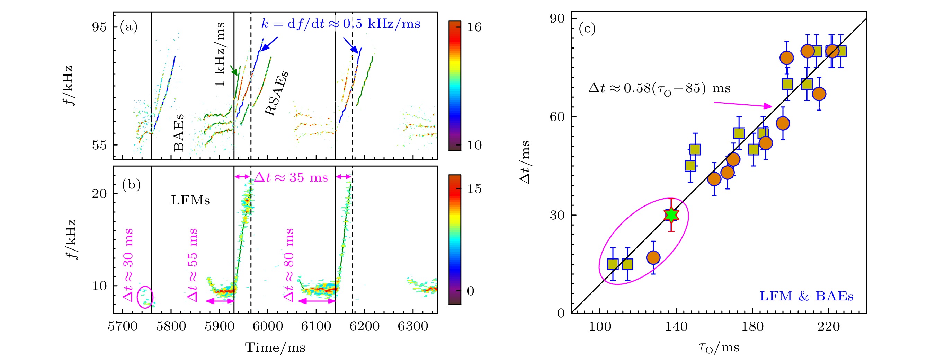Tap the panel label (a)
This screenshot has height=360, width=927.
pyautogui.click(x=128, y=27)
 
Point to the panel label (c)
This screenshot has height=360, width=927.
pyautogui.click(x=587, y=28)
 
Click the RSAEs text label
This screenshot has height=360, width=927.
pyautogui.click(x=277, y=93)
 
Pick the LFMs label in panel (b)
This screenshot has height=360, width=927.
pyautogui.click(x=190, y=200)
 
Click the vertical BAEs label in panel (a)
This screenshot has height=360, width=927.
pyautogui.click(x=178, y=132)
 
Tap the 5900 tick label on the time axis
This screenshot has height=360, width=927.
pyautogui.click(x=220, y=326)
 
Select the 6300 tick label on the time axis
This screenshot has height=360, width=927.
pyautogui.click(x=413, y=326)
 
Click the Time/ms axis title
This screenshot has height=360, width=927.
pyautogui.click(x=275, y=348)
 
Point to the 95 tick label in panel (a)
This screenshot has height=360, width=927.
pyautogui.click(x=99, y=27)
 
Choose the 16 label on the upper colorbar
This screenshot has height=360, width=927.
pyautogui.click(x=474, y=27)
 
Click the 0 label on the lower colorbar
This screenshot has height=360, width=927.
pyautogui.click(x=470, y=291)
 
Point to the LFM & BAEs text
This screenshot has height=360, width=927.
pyautogui.click(x=806, y=296)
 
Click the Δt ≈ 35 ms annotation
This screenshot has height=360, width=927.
pyautogui.click(x=291, y=177)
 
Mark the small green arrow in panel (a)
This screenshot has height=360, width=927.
pyautogui.click(x=234, y=70)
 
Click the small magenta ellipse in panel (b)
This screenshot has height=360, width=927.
pyautogui.click(x=145, y=297)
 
